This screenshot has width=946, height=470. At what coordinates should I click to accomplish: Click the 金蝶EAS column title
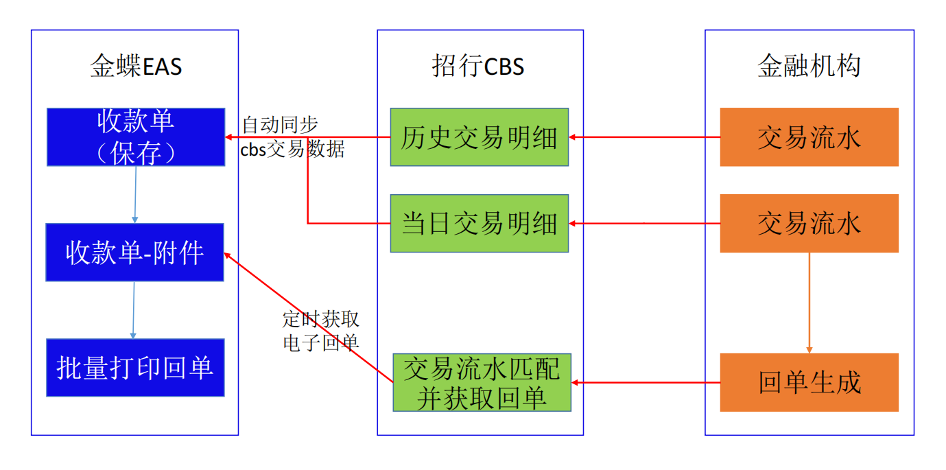click(x=136, y=67)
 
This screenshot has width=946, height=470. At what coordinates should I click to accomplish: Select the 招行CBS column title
click(x=478, y=67)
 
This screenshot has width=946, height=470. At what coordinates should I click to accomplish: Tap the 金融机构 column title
click(x=809, y=67)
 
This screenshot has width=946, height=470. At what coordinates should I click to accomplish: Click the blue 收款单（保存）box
click(x=136, y=137)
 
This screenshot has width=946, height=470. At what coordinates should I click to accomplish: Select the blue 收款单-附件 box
click(x=134, y=252)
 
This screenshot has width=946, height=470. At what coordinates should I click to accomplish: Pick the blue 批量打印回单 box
click(x=135, y=367)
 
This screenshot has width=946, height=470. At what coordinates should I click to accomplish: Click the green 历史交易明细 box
click(x=480, y=137)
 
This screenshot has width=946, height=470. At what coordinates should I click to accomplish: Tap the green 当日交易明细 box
click(x=480, y=223)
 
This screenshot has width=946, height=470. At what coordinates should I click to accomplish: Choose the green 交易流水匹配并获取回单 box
click(x=482, y=382)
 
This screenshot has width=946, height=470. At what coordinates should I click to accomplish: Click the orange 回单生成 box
click(x=809, y=382)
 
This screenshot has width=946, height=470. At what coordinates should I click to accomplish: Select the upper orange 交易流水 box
click(x=809, y=137)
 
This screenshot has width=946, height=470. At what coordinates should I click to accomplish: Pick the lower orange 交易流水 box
click(x=809, y=223)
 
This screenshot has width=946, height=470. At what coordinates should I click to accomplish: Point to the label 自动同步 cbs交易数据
click(x=292, y=137)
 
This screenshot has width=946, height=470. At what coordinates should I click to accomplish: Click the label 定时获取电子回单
click(x=320, y=331)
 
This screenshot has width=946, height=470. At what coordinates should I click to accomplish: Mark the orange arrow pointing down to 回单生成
click(x=809, y=303)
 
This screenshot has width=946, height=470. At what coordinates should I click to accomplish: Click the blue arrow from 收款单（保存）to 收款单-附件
click(x=135, y=194)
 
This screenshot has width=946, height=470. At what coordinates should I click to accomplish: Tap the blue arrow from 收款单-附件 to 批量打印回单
click(x=134, y=309)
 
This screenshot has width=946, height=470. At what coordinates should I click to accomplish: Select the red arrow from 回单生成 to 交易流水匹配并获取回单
click(x=646, y=382)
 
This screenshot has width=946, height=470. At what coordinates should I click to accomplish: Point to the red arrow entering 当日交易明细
click(x=644, y=223)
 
